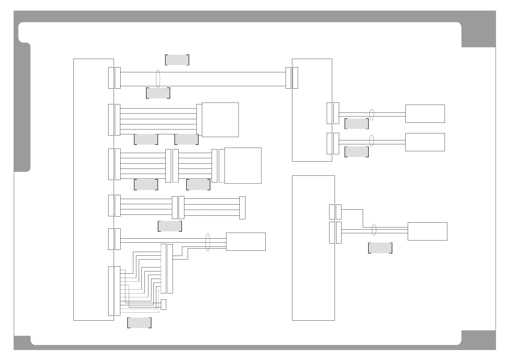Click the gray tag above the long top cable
pos(177,60)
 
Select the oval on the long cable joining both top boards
pos(157,79)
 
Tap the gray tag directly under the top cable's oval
pos(158,93)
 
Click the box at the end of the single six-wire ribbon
pos(220,120)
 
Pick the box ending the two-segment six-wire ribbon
pos(243,165)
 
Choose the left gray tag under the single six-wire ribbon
pos(146,139)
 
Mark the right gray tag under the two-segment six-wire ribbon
pos(198,185)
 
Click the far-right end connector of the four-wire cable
pos(242,208)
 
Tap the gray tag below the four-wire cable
pos(170,226)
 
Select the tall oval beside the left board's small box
pos(208,242)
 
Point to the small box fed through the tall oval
pos(246,242)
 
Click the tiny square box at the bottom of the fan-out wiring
pos(164,304)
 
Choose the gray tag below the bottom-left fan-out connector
pos(139,323)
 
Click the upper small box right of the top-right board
pos(425,114)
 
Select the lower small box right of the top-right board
pos(425,142)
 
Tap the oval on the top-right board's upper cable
pos(372,114)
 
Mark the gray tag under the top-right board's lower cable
pos(356,152)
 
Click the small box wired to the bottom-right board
pos(427,231)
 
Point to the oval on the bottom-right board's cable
pos(374,230)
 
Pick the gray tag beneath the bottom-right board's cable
pos(380,248)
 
